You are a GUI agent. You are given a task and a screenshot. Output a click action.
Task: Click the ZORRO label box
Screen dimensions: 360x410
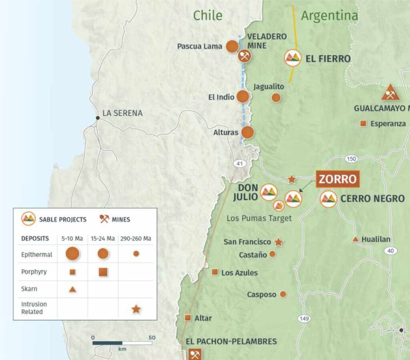point(338,179)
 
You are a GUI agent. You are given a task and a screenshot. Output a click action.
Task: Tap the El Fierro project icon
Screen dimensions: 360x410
point(293,58)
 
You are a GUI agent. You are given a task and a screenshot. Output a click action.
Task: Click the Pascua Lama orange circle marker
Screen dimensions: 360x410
point(232,46)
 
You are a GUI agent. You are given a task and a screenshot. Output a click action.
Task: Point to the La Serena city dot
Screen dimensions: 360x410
point(97,118)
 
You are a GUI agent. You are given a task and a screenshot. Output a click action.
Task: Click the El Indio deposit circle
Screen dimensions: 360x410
point(243,96)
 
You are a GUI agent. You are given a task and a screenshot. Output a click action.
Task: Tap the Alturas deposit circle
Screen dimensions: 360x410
point(247,132)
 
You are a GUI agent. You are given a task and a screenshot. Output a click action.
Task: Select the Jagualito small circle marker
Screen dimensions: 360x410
point(276,97)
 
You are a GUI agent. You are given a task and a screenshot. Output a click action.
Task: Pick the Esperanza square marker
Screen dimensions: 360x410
point(364,124)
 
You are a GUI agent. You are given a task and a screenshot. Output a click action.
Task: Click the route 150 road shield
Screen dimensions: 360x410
point(351,159)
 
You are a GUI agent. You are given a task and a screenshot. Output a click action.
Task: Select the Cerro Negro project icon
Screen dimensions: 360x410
point(328,198)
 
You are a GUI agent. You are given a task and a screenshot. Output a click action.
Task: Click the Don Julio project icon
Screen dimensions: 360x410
point(269,192)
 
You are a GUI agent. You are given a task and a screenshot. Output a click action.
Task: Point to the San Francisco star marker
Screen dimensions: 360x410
point(279,242)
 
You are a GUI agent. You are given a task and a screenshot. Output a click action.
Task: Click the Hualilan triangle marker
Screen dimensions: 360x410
point(355,240)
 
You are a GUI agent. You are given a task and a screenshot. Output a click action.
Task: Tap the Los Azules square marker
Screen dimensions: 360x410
point(215,272)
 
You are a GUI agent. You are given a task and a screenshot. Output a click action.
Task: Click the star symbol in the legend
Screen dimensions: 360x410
point(136,309)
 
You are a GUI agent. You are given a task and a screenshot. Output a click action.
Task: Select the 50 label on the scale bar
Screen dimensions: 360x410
point(152,338)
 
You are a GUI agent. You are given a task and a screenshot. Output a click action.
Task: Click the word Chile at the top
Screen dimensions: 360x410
point(207,15)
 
